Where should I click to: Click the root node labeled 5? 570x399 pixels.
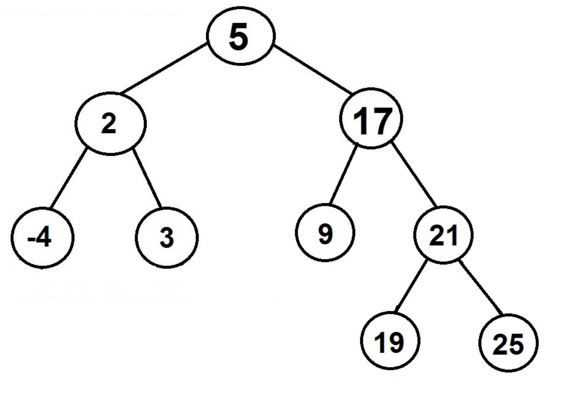point(241,36)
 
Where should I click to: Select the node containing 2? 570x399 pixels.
point(110,123)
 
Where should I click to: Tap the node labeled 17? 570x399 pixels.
point(371,119)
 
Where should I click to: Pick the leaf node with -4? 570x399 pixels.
point(42,238)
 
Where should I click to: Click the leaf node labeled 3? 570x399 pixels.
point(167,238)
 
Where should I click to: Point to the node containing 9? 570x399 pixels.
point(325,233)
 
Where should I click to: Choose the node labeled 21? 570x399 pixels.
point(443,235)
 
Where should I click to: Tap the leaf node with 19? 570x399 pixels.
point(390,341)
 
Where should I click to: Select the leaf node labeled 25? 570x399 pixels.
point(508,343)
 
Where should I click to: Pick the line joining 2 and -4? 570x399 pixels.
point(69,178)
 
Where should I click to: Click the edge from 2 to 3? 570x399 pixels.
point(147,179)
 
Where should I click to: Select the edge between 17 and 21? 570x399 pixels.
point(414,175)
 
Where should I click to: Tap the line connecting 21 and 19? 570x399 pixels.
point(411,286)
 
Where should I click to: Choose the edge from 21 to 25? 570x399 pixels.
point(481,288)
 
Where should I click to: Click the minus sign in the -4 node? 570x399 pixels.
point(30,240)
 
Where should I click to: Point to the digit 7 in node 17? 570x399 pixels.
point(380,121)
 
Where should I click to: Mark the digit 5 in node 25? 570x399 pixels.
point(516,344)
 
